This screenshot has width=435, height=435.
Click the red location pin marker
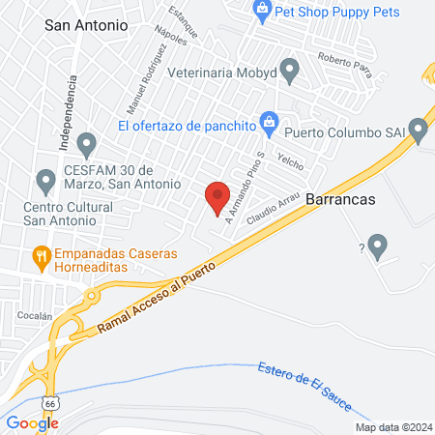(217, 197)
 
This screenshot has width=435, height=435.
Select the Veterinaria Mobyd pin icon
(288, 71)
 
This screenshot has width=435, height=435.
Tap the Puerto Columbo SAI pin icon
(418, 128)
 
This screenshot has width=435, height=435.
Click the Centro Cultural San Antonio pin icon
(44, 180)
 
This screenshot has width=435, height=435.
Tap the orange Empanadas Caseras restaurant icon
(41, 256)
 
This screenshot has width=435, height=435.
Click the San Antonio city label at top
(86, 27)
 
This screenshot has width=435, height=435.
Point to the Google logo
(32, 422)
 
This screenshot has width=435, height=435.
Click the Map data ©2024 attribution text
(392, 426)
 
